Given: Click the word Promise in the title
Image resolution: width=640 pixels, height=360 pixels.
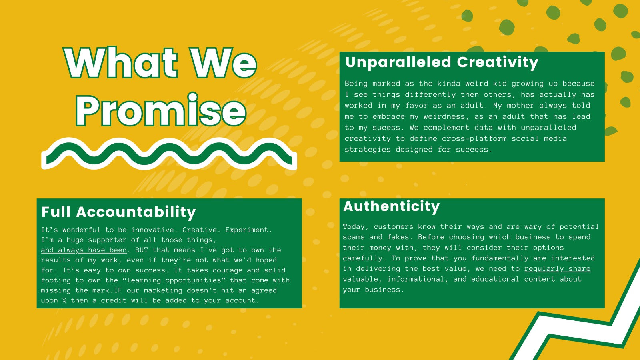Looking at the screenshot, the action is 161,110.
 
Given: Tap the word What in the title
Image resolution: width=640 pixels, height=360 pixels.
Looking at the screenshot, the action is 121,62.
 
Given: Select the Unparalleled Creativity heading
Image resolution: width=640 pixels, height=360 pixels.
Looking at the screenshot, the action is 442,62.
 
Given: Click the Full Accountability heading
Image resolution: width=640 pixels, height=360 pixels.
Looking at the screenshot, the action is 118,212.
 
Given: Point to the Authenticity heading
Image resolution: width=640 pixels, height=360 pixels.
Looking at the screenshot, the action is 392,206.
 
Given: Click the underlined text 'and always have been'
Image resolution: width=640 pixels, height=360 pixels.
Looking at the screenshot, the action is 84,250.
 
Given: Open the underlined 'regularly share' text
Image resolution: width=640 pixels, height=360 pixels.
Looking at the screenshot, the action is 558,269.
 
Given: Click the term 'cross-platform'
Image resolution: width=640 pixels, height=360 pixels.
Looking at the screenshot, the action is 474,138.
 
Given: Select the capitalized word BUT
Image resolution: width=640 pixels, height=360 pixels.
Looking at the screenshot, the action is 142,250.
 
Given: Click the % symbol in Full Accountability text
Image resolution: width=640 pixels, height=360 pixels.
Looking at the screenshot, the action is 64,300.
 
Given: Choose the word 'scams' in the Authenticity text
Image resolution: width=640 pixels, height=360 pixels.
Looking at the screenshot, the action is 354,237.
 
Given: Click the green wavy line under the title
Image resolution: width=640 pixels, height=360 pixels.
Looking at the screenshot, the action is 169,154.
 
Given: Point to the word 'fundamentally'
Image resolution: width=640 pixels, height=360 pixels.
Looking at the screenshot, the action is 500,258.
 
